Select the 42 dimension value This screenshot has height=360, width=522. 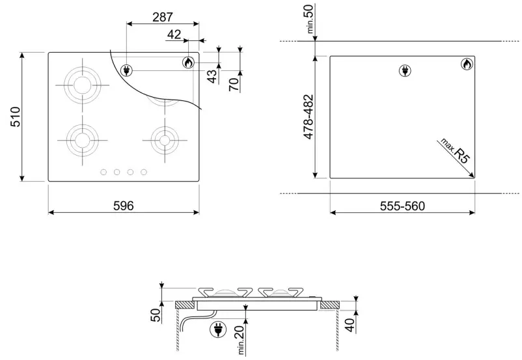click(174, 35)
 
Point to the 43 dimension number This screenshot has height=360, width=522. click(212, 76)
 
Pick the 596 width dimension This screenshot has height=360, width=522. click(123, 206)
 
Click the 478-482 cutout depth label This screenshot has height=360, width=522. click(310, 117)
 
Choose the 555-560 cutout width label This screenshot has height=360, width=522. click(402, 206)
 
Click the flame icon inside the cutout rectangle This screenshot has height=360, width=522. click(466, 64)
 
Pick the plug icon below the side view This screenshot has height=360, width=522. click(216, 331)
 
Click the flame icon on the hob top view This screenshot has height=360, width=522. click(188, 62)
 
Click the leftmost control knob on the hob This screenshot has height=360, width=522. click(102, 172)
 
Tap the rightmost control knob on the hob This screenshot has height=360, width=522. click(144, 172)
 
